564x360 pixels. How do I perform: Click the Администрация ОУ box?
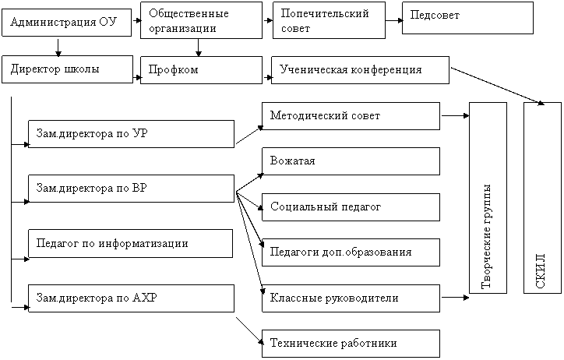click(x=66, y=23)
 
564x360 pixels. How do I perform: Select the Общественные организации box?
click(x=201, y=20)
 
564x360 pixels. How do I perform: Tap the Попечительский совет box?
click(x=329, y=20)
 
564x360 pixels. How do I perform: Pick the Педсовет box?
click(x=467, y=18)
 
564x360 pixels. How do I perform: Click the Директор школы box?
click(x=67, y=69)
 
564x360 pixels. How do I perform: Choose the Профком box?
click(x=201, y=70)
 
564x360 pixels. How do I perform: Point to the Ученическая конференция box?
click(x=360, y=70)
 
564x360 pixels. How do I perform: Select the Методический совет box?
click(x=351, y=116)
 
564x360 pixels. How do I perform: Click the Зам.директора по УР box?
click(x=132, y=134)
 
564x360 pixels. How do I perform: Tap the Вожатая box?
click(x=351, y=161)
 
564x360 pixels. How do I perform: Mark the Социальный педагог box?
click(x=351, y=207)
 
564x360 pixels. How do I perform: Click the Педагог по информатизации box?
click(x=131, y=243)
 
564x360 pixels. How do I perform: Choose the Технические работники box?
click(x=351, y=344)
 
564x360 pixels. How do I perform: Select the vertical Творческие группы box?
click(x=488, y=198)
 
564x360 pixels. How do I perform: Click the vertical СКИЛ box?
click(x=542, y=198)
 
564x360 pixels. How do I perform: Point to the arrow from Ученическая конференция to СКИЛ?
click(x=498, y=86)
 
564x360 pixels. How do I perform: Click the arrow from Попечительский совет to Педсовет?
click(x=394, y=20)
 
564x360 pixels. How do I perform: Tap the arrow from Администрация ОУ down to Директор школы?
click(x=58, y=47)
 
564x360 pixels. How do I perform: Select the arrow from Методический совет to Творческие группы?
click(x=455, y=116)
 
